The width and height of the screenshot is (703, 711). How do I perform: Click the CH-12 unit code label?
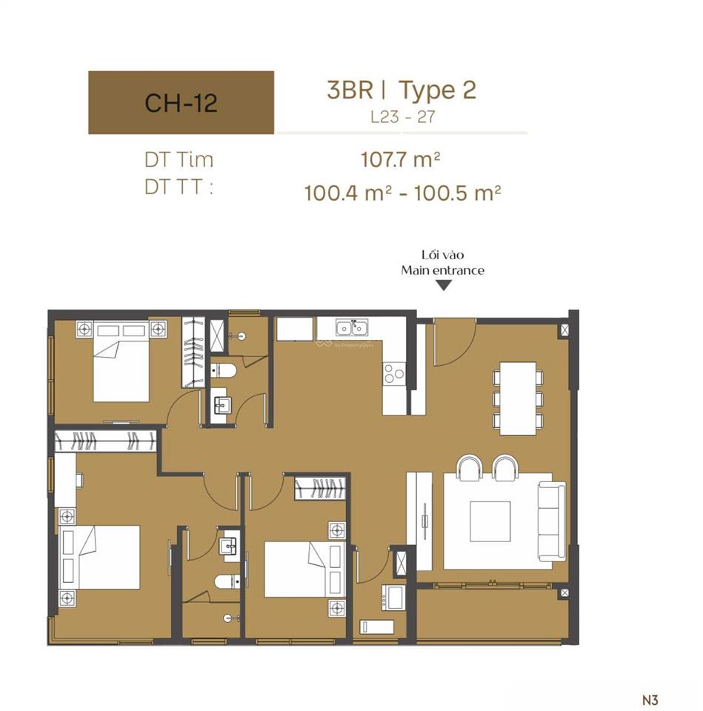coord(181,102)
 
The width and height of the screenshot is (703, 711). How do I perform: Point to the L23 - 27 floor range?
coord(402,117)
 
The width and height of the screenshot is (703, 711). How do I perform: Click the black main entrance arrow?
coord(443,285)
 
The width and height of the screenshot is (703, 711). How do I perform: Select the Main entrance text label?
coord(443,270)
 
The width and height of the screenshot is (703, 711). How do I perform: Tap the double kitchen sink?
coord(353,328)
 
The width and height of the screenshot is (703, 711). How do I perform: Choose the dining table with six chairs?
coord(518,398)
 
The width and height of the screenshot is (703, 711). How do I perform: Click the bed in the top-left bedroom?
coord(121,368)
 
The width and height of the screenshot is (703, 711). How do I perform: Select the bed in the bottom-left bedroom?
coord(104,557)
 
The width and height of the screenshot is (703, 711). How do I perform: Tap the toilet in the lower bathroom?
coord(226,581)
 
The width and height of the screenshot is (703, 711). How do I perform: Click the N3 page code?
coord(650,698)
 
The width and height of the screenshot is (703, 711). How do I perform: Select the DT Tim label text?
coord(179,159)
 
